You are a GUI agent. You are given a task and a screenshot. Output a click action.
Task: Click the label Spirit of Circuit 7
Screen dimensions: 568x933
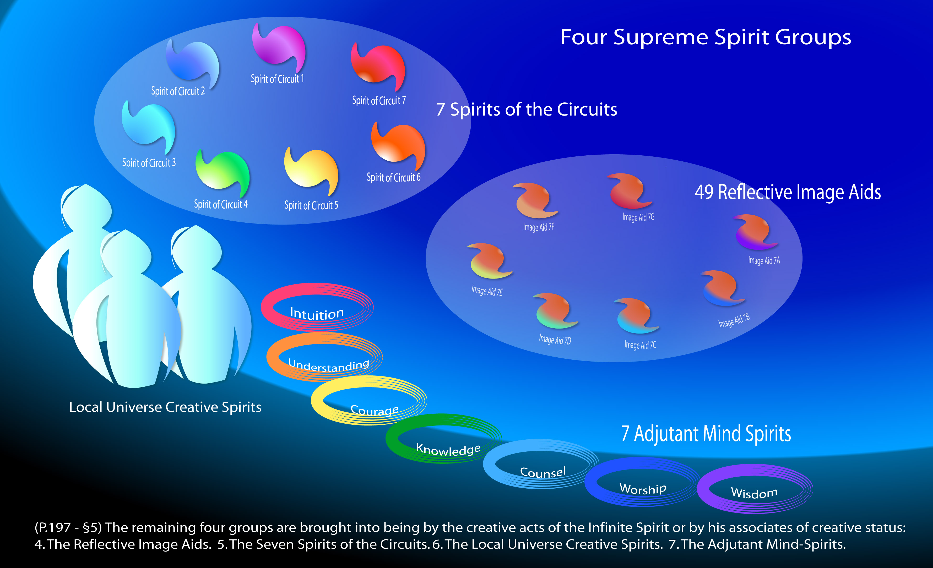(379, 101)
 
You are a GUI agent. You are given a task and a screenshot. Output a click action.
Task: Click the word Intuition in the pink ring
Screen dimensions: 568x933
(317, 314)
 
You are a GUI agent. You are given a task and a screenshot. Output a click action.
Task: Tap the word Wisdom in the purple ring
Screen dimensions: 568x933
(754, 493)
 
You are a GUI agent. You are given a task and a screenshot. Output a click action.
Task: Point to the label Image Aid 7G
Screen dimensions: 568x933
(638, 217)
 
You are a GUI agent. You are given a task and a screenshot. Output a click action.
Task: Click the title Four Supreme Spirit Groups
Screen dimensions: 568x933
(706, 37)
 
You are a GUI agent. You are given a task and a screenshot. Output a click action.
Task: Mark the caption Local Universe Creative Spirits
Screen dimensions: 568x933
(165, 407)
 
